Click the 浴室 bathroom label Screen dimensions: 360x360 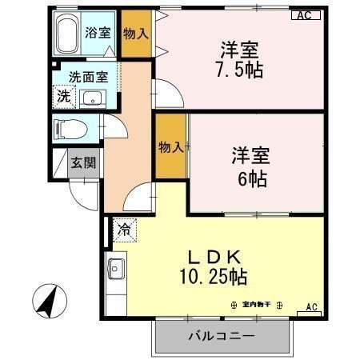click(x=98, y=33)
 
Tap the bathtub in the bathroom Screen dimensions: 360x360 click(x=70, y=33)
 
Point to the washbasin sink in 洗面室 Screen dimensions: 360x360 click(x=94, y=99)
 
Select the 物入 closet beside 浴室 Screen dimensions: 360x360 click(x=136, y=34)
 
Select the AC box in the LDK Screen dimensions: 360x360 click(x=312, y=307)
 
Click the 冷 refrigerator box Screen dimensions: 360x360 click(x=124, y=230)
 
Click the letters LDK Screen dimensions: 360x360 click(x=214, y=257)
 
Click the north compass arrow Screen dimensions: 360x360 click(x=47, y=302)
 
